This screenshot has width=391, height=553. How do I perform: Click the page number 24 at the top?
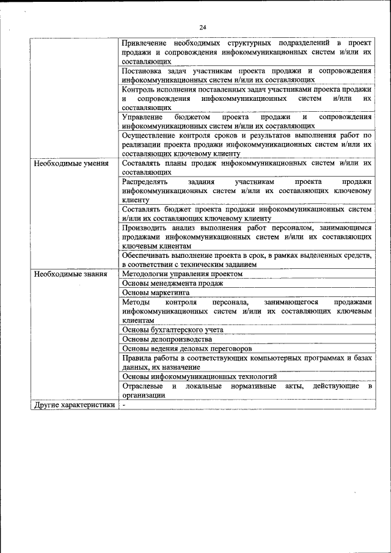(203, 27)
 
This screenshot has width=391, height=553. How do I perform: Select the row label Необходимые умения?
(71, 164)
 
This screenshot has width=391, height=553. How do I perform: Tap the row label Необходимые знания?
(71, 274)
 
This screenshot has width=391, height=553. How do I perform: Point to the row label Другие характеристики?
(75, 405)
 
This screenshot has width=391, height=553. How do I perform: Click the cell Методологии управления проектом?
(182, 274)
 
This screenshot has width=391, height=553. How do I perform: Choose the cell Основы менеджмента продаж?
(173, 284)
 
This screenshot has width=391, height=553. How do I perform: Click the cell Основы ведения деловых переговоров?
(186, 348)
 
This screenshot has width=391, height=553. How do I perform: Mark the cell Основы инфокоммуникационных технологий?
(199, 376)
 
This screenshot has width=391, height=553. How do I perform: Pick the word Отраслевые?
(143, 386)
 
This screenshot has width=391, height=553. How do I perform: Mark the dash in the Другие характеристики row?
(123, 405)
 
